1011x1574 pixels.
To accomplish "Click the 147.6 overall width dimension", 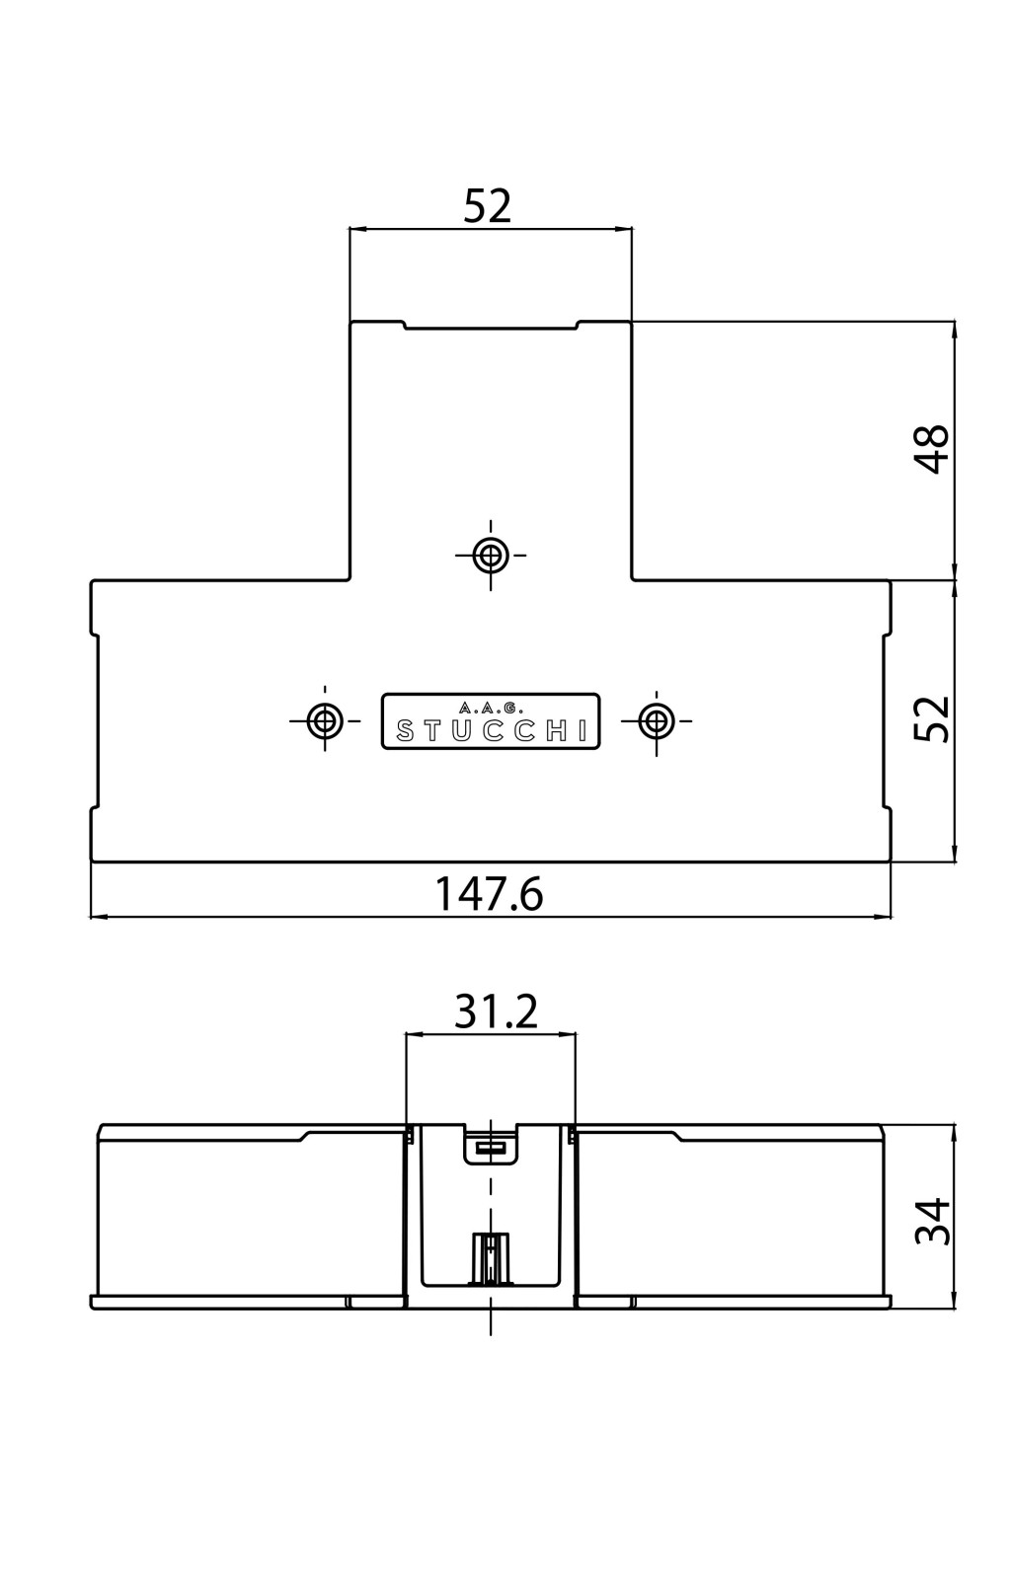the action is [x=490, y=894].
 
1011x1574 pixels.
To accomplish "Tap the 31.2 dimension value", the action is [x=496, y=1012].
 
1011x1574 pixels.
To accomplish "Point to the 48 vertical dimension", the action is [x=932, y=450].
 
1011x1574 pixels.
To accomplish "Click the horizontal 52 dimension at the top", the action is [x=487, y=206].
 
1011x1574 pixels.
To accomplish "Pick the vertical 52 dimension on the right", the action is [x=932, y=718].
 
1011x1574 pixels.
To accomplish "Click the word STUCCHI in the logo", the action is [x=491, y=731].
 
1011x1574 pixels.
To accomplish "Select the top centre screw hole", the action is [x=490, y=556].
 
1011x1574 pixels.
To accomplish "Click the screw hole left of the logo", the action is [x=324, y=720].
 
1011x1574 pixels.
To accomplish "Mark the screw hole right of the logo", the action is [x=656, y=720].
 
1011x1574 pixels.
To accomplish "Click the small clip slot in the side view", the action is [x=490, y=1148].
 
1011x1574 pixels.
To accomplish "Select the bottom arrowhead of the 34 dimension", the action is [x=954, y=1299].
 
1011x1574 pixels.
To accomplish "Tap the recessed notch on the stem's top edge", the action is [x=490, y=327].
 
